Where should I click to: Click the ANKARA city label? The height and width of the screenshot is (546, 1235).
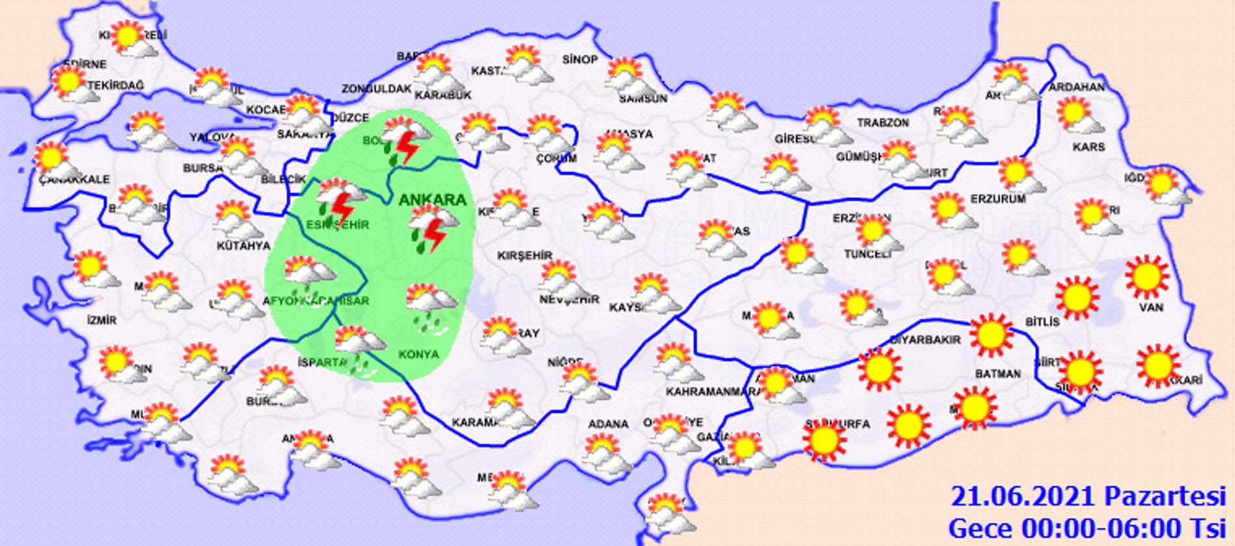click(x=433, y=200)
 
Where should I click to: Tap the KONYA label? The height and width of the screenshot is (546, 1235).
click(x=418, y=354)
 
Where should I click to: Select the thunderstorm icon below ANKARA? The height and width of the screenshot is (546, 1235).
click(x=428, y=228)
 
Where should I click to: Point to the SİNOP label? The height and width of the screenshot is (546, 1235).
click(x=580, y=60)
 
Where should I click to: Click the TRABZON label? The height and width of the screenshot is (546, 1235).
click(x=883, y=123)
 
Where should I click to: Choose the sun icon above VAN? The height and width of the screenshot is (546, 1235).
click(x=1147, y=276)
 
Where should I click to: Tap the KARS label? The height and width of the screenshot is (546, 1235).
click(x=1089, y=147)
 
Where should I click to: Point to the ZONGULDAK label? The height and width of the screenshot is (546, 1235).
click(x=377, y=89)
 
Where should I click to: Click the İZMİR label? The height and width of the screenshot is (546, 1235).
click(x=101, y=320)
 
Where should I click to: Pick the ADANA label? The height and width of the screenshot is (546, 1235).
click(x=608, y=424)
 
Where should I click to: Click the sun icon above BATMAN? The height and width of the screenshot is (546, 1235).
click(x=991, y=334)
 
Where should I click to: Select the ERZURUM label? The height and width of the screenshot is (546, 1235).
click(x=998, y=199)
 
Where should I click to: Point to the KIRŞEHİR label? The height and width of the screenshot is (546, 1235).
click(x=525, y=256)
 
